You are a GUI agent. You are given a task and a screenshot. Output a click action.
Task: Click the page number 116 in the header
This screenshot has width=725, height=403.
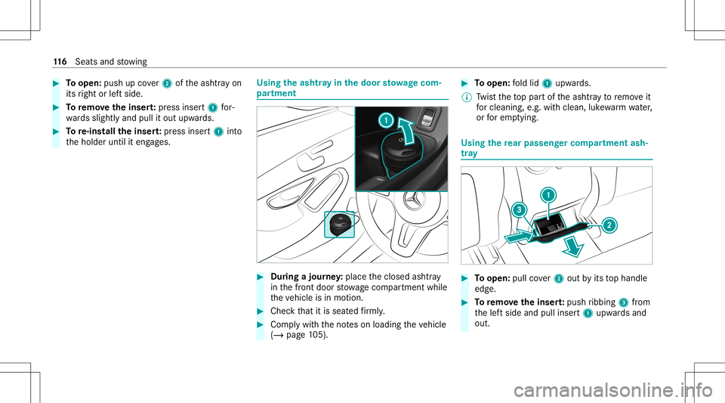click(x=60, y=61)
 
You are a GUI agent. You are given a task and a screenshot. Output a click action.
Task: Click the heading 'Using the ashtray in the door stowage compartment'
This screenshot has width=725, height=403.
click(x=349, y=88)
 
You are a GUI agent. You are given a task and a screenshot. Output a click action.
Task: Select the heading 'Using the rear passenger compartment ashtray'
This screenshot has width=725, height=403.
click(x=554, y=147)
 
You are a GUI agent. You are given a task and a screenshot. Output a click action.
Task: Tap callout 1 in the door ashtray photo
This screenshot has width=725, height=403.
click(x=386, y=120)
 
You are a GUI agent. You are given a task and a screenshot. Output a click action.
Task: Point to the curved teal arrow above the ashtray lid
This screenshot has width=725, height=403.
click(x=407, y=132)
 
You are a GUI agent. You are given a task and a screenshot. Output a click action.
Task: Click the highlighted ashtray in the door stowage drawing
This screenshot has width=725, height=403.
click(x=339, y=225)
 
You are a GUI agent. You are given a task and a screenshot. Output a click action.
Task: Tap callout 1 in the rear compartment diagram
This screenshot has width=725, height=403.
click(x=548, y=195)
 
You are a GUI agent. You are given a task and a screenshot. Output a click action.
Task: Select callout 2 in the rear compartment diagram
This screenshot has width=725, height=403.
click(x=609, y=225)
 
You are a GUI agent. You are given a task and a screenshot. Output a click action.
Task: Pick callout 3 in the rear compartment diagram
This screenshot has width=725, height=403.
click(x=520, y=210)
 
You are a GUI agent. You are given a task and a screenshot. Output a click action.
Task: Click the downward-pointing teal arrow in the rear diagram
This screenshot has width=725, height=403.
click(x=573, y=246)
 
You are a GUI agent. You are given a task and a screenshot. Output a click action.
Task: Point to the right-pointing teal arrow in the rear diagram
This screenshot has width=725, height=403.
click(x=519, y=237)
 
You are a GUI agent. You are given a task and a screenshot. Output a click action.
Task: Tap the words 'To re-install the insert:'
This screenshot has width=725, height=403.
click(x=114, y=132)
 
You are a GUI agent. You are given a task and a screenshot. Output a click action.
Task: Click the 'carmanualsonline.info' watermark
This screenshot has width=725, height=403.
click(x=613, y=389)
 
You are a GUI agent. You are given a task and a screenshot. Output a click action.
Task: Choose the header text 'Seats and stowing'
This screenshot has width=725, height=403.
click(x=111, y=61)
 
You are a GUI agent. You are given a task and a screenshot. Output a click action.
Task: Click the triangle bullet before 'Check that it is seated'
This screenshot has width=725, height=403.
click(x=261, y=311)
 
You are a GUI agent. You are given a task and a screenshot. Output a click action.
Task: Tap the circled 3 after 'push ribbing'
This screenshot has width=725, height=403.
click(x=623, y=302)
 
